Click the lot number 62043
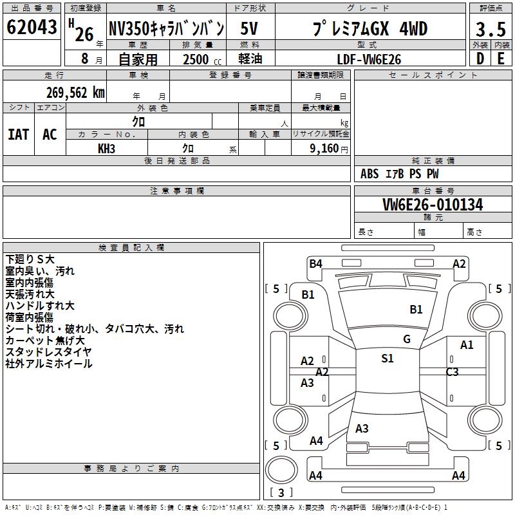click(x=32, y=27)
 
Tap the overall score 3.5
click(x=491, y=29)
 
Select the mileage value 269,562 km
click(x=75, y=93)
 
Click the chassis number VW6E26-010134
click(x=433, y=205)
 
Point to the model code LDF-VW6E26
click(x=369, y=59)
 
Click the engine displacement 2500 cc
click(x=202, y=59)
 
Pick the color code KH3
click(x=106, y=149)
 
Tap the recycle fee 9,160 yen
click(x=329, y=149)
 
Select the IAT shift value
click(x=19, y=135)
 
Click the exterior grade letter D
click(x=480, y=59)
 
